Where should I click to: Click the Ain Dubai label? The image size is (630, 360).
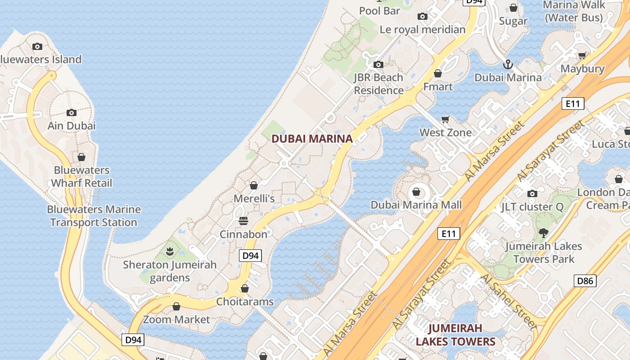[x=72, y=126]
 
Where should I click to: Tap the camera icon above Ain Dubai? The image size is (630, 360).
[x=72, y=112]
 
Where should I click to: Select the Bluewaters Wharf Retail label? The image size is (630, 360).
[x=81, y=177]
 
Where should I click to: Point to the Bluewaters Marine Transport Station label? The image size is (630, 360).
[x=94, y=216]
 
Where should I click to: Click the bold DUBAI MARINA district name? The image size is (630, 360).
[x=312, y=139]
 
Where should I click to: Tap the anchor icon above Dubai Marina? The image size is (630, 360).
[x=508, y=64]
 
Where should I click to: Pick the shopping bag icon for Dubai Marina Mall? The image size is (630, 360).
[x=417, y=192]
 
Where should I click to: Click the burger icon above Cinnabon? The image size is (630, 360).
[x=243, y=221]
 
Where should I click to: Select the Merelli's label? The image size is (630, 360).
[x=254, y=198]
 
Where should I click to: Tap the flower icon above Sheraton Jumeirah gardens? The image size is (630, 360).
[x=170, y=252]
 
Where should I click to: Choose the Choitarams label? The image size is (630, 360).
[x=245, y=301]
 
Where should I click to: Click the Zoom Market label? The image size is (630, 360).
[x=176, y=319]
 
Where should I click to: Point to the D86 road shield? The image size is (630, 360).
[x=585, y=281]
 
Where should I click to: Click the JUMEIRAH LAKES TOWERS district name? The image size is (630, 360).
[x=455, y=335]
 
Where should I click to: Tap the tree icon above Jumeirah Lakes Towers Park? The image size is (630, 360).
[x=544, y=233]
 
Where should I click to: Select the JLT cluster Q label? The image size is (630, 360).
[x=532, y=207]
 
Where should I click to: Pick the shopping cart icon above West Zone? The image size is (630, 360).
[x=445, y=119]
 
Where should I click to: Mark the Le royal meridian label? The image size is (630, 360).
[x=423, y=30]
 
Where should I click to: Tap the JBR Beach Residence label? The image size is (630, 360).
[x=378, y=84]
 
